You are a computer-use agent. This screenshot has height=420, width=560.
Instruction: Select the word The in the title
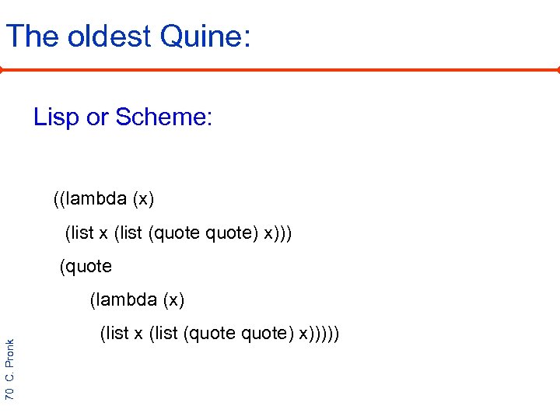(32, 37)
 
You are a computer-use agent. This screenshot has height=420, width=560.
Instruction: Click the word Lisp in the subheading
(56, 117)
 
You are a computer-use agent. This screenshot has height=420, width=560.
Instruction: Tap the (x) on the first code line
(144, 199)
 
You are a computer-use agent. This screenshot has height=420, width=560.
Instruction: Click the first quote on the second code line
(180, 233)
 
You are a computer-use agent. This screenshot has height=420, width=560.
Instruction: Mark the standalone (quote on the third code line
(86, 267)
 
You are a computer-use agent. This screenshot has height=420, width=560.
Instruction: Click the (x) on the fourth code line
(172, 299)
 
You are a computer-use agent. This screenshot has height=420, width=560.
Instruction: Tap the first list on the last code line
(115, 334)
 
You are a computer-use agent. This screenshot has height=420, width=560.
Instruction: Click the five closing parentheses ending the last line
(327, 334)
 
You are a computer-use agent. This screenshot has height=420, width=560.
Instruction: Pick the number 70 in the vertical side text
(9, 393)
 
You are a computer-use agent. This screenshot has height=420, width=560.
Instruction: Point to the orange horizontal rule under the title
(280, 69)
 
